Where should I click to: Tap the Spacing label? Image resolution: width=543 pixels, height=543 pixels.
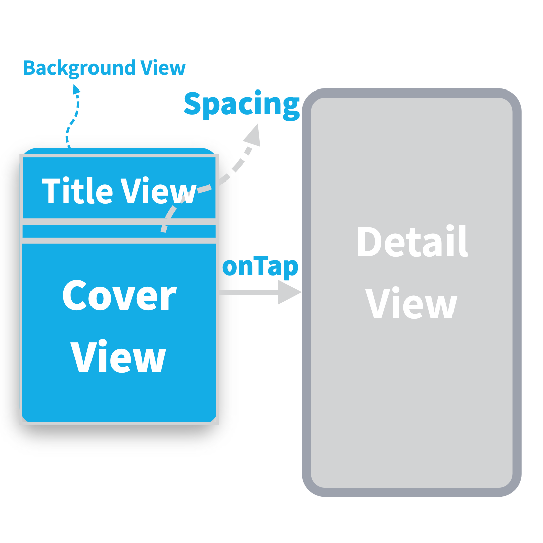coord(241,105)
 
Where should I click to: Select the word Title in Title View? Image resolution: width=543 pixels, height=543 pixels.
coord(76,191)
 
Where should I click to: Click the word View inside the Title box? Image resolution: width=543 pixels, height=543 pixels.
coord(158,191)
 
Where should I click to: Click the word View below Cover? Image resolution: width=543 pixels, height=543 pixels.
coord(119,357)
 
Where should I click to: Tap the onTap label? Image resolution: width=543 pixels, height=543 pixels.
coord(260,267)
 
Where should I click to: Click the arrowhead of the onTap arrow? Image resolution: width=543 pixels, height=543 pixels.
coord(289,292)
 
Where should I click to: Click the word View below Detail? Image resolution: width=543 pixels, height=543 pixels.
coord(411,303)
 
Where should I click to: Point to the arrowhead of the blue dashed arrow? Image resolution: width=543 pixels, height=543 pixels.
coord(76,89)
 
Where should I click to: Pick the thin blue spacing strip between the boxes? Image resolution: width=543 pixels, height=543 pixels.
coord(119,231)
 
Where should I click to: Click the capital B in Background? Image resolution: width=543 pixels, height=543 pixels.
coord(30,68)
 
